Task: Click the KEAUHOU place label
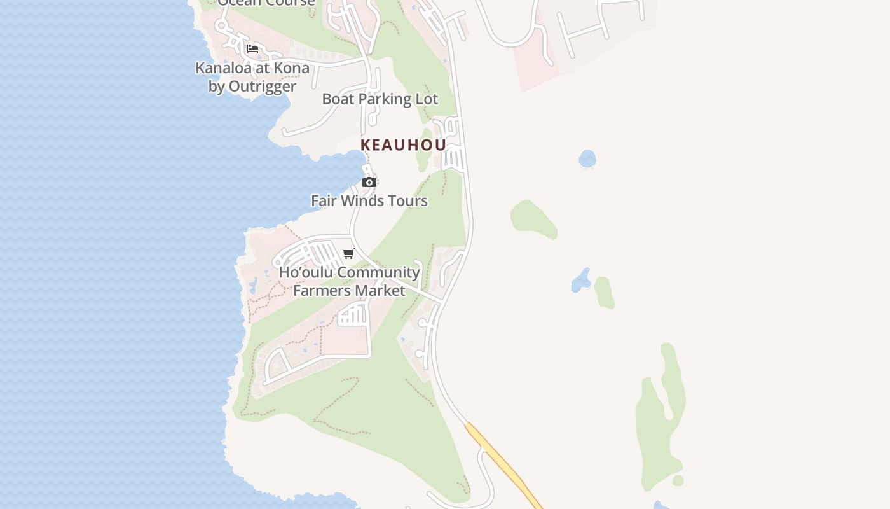pyautogui.click(x=403, y=145)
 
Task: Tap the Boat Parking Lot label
pyautogui.click(x=380, y=99)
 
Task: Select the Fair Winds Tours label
pyautogui.click(x=369, y=201)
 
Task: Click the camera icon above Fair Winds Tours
pyautogui.click(x=369, y=183)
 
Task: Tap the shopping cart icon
pyautogui.click(x=348, y=254)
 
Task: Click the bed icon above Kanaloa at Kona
pyautogui.click(x=252, y=49)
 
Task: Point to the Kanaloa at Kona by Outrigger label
pyautogui.click(x=252, y=77)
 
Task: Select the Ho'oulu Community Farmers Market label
pyautogui.click(x=349, y=281)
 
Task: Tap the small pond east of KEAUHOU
pyautogui.click(x=587, y=158)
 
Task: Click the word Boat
pyautogui.click(x=338, y=99)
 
